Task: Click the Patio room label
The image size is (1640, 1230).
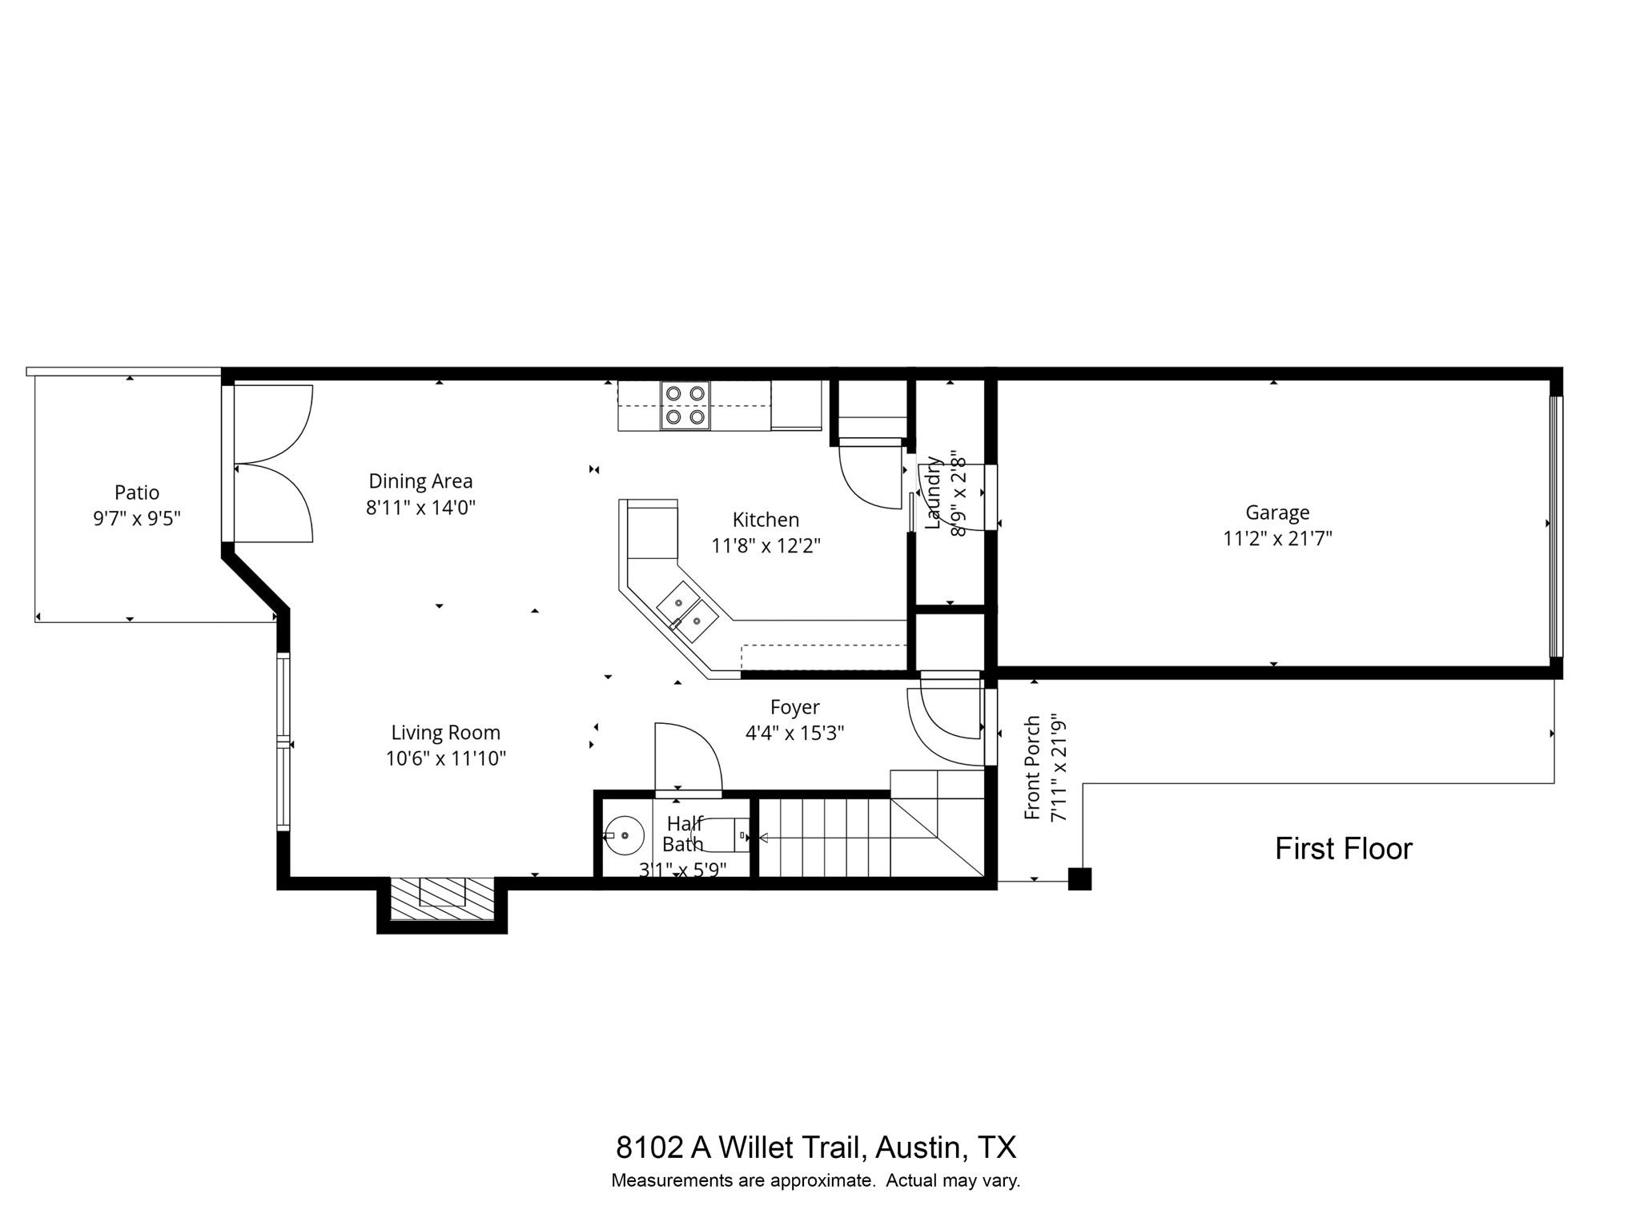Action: click(x=137, y=492)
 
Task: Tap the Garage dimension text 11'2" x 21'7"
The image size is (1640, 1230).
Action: click(x=1277, y=538)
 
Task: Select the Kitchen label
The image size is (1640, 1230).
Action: click(x=766, y=520)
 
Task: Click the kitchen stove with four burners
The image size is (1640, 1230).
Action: click(x=685, y=405)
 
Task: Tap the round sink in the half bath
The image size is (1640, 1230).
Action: click(x=625, y=835)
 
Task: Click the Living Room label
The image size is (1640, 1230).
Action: click(x=445, y=733)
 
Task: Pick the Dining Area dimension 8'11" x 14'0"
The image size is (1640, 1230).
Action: click(x=420, y=508)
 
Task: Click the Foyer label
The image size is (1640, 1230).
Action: click(x=794, y=707)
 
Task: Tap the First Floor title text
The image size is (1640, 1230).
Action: click(x=1343, y=849)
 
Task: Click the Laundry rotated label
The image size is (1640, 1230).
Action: click(x=933, y=492)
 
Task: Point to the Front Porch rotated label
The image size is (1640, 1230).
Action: click(x=1033, y=767)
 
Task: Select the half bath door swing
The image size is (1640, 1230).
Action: click(x=687, y=757)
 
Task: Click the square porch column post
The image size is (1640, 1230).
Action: click(x=1079, y=878)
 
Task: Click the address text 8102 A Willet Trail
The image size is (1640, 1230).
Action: click(x=741, y=1148)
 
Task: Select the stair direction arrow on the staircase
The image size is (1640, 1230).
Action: click(x=762, y=838)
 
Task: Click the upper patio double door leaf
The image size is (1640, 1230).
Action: click(x=272, y=424)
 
